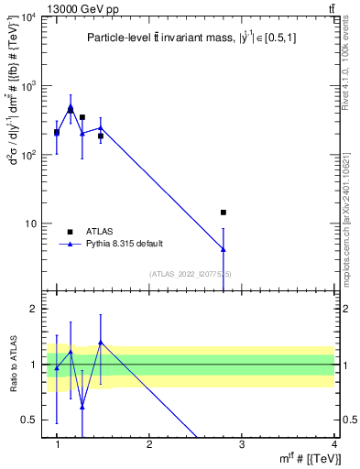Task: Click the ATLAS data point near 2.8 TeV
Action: pos(224,213)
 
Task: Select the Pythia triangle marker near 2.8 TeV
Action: pos(224,249)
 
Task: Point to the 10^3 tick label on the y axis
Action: pos(28,87)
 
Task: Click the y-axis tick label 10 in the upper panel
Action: pos(32,224)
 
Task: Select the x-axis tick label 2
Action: pos(149,444)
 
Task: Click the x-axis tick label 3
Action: pos(242,444)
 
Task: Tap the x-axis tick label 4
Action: pos(334,444)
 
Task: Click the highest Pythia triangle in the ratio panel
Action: pos(101,343)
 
